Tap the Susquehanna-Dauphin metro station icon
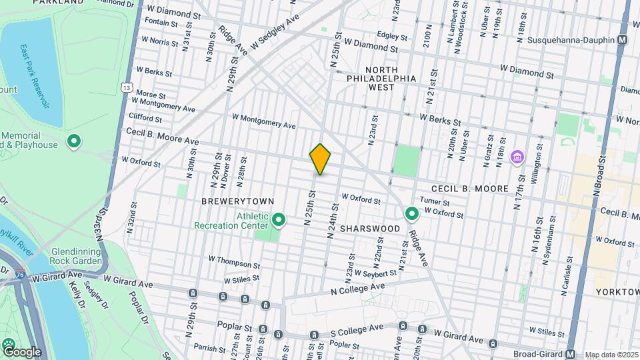click(x=622, y=40)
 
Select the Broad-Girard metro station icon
click(x=571, y=354)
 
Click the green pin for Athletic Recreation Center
click(x=279, y=219)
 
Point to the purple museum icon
click(x=517, y=157)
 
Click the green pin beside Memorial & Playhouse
click(x=74, y=142)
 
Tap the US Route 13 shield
click(x=126, y=87)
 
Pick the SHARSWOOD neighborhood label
click(x=370, y=228)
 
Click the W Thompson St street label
click(x=234, y=262)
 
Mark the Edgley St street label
click(x=391, y=35)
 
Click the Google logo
click(x=21, y=352)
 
